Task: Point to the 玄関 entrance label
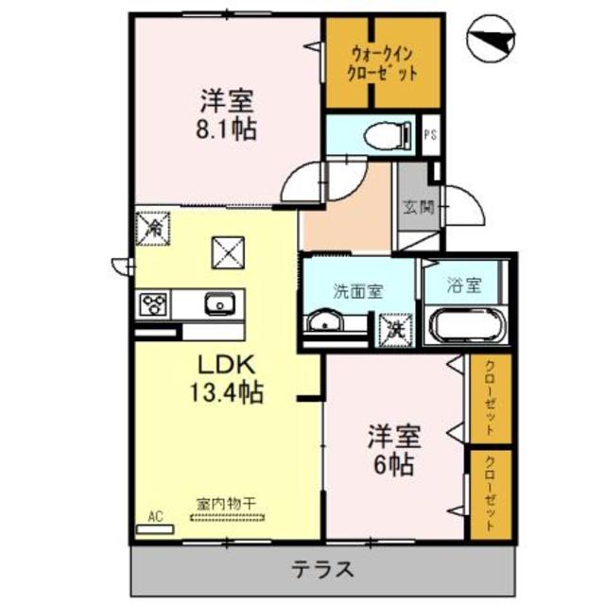(x=416, y=207)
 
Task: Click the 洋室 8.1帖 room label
(x=227, y=113)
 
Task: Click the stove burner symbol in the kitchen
(x=153, y=303)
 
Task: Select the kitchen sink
(x=218, y=303)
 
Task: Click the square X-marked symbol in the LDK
(x=227, y=251)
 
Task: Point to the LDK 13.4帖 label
(x=228, y=376)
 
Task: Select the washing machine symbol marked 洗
(x=394, y=328)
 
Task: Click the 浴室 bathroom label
(x=465, y=285)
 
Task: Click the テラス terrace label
(x=321, y=569)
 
